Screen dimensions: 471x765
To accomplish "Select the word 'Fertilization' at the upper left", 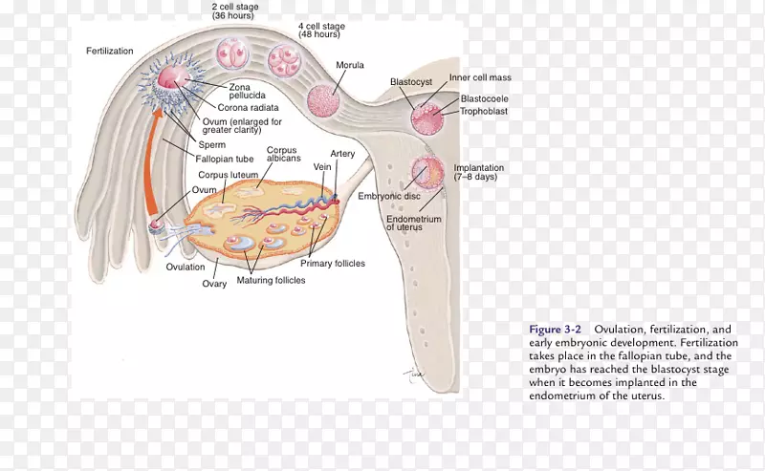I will point(110,51).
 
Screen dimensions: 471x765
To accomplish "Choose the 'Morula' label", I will point(349,65).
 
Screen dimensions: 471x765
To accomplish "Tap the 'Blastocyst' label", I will point(411,82).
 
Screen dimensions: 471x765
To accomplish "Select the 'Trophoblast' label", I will point(484,112).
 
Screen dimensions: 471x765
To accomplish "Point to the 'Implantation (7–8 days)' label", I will point(479,172).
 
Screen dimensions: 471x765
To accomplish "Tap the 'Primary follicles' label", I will point(334,263).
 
